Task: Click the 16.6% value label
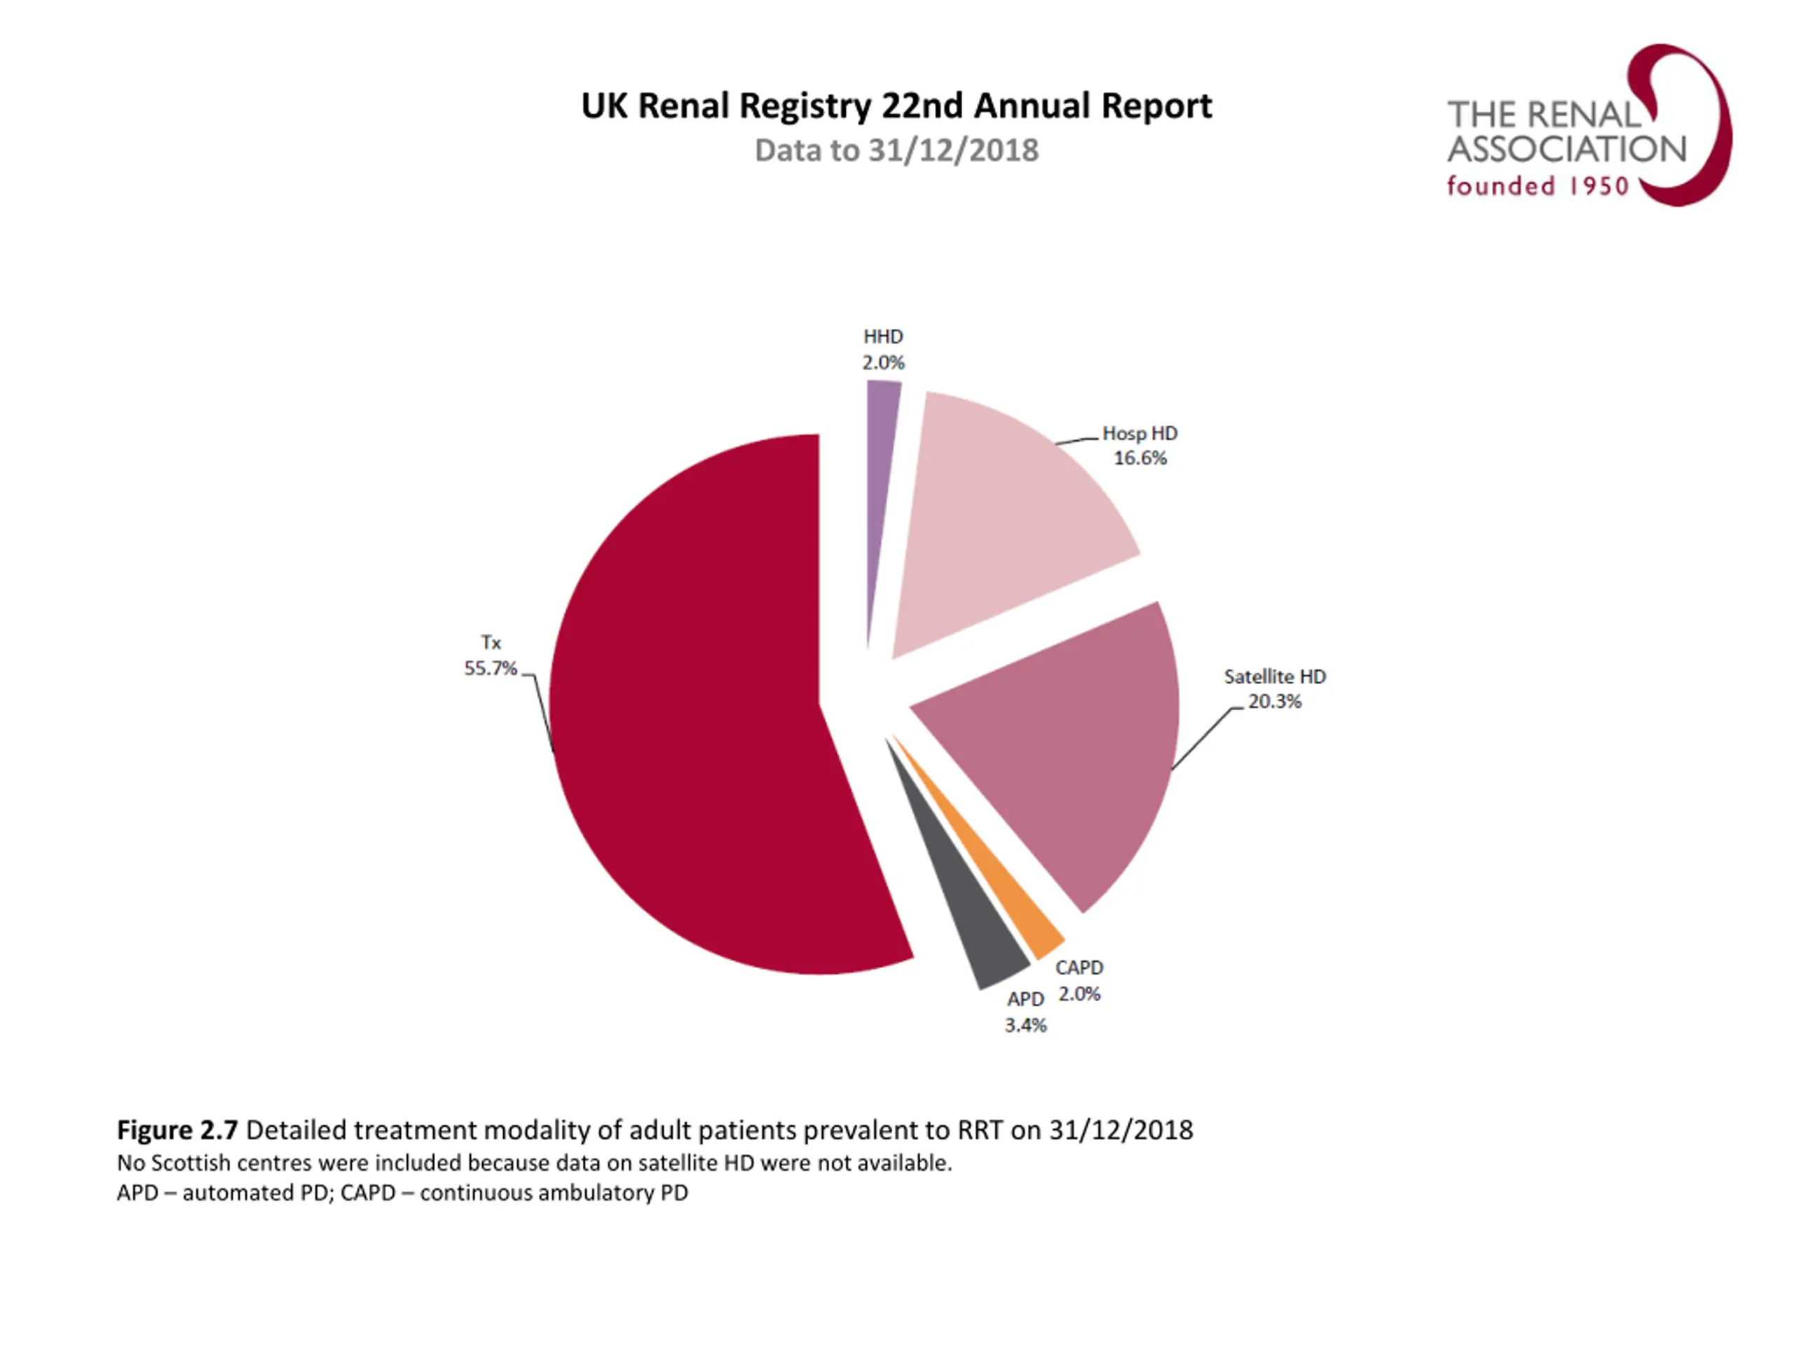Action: coord(1139,458)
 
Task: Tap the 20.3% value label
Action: coord(1274,702)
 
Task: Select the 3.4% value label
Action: coord(1025,1026)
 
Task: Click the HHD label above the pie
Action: coord(882,336)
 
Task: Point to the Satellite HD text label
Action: coord(1274,677)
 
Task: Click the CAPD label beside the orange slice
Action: coord(1079,968)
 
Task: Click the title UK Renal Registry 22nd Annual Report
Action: coord(896,105)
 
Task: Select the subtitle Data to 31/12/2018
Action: coord(896,151)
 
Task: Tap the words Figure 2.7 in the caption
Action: coord(177,1130)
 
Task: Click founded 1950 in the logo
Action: coord(1538,186)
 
